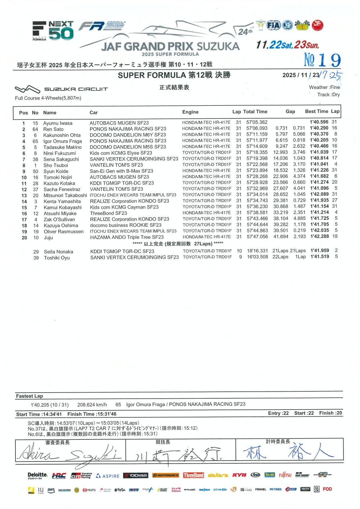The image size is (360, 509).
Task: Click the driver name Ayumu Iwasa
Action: point(57,123)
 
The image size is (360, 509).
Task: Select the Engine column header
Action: point(190,112)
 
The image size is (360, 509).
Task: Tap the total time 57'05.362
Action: point(257,122)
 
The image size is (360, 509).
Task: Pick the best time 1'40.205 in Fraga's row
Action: point(319,140)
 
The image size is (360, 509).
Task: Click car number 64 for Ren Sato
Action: point(35,129)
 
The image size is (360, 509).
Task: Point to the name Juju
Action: point(48,238)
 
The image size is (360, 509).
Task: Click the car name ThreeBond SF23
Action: point(108,213)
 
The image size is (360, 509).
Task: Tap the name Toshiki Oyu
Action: point(57,258)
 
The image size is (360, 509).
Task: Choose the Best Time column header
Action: point(316,111)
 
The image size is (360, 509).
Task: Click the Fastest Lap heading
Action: point(29,396)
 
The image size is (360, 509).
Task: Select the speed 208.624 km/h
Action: point(92,404)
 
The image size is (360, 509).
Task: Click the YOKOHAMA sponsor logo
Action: point(136,475)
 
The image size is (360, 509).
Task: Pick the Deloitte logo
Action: point(37,476)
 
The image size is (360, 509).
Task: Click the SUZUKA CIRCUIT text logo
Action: point(76,89)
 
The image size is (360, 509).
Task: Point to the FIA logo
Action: point(273,25)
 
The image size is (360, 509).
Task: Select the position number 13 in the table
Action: point(24,196)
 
